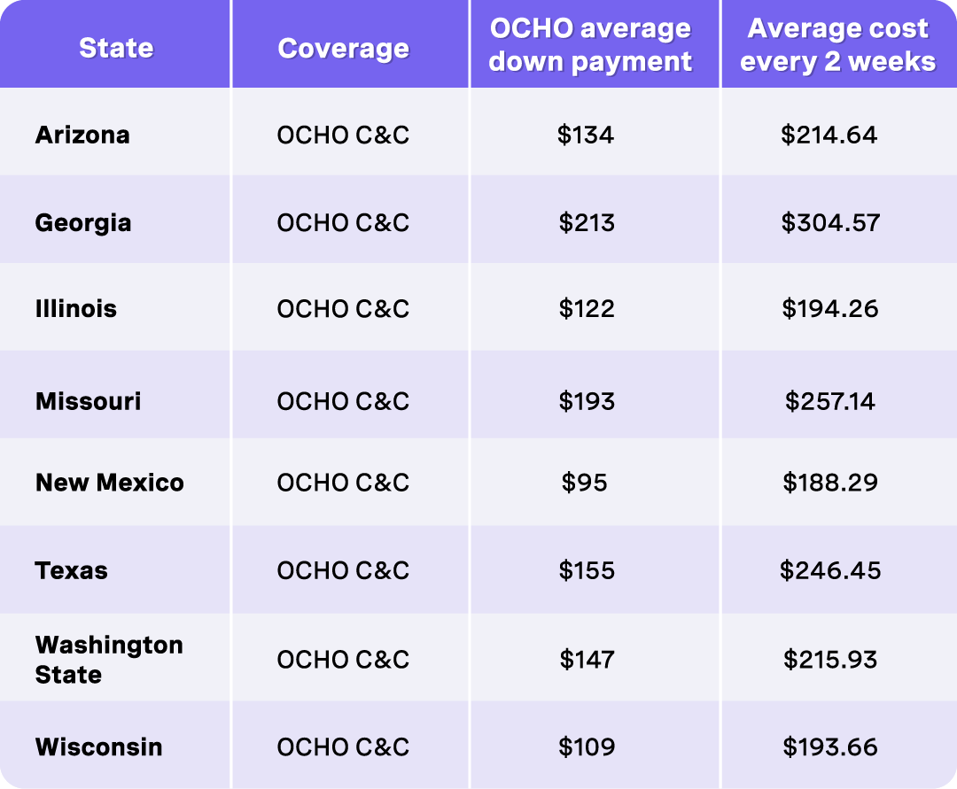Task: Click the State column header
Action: click(x=116, y=47)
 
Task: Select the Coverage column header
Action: click(x=344, y=48)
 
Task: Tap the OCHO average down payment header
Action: click(x=591, y=45)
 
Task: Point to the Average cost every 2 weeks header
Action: click(x=837, y=45)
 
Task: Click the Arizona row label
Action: click(x=82, y=135)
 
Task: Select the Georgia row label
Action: click(x=83, y=222)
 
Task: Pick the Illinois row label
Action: click(x=76, y=309)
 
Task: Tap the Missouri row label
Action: click(x=88, y=401)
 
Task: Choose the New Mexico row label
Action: click(x=110, y=483)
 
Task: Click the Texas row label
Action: click(x=72, y=570)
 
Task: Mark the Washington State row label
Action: click(x=109, y=660)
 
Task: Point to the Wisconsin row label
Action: click(x=99, y=746)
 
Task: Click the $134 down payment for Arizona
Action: click(x=586, y=135)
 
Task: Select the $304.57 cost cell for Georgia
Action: click(x=830, y=222)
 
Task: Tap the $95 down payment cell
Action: click(x=585, y=483)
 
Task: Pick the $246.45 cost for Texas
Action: click(x=830, y=570)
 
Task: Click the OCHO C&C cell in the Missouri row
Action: click(x=343, y=401)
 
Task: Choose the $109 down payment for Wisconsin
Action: click(x=586, y=746)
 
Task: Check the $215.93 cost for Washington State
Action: click(x=830, y=660)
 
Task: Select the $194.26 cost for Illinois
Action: click(x=830, y=309)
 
